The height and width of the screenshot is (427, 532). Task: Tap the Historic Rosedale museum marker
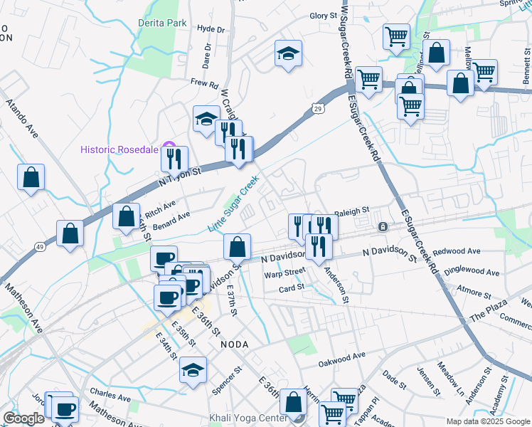point(169,149)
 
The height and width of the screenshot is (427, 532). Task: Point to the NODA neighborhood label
point(235,344)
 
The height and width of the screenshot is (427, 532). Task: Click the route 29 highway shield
point(317,107)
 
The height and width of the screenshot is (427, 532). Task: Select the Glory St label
point(323,16)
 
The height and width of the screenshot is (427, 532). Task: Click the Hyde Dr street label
point(211,29)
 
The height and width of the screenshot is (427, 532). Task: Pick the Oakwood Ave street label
point(341,354)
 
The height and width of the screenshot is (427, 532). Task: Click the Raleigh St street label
point(353,211)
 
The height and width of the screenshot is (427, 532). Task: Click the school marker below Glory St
point(289,53)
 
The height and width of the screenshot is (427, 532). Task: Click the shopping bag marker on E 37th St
point(237,247)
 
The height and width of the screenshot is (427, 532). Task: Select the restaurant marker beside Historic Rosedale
point(175,159)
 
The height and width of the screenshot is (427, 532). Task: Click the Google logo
point(23,418)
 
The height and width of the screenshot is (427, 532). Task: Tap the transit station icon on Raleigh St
point(383,227)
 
